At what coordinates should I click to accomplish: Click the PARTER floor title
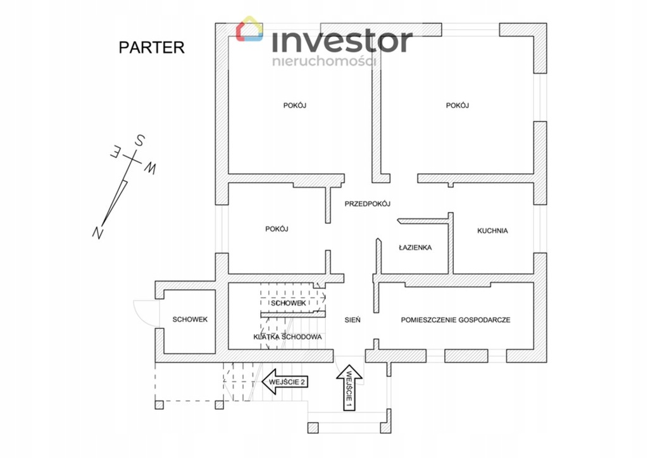151,47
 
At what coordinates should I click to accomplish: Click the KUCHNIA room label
492,231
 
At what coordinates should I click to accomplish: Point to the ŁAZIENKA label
415,247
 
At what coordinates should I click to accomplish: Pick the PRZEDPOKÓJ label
367,204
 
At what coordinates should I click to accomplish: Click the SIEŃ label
352,320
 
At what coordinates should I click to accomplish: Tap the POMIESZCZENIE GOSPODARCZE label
455,320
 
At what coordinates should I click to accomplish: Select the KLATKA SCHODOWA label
287,337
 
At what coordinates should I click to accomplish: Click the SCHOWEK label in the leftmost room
190,319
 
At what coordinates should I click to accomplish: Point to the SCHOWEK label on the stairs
289,304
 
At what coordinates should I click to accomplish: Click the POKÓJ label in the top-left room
295,106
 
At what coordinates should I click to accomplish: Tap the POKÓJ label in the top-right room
457,106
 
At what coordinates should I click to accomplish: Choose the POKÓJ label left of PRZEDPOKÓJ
277,229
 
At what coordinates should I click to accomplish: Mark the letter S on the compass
140,140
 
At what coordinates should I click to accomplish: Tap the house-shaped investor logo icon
250,30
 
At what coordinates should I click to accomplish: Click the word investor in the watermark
342,41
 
